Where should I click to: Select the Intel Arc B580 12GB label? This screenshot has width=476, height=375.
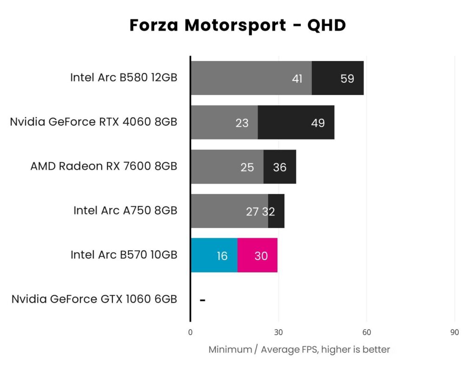click(x=124, y=78)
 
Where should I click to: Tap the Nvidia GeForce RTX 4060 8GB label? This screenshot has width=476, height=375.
click(x=93, y=122)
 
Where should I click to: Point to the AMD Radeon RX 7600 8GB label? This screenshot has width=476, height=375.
click(x=104, y=167)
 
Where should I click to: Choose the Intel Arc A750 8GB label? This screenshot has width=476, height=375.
click(x=125, y=211)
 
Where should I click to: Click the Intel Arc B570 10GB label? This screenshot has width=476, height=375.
click(x=124, y=255)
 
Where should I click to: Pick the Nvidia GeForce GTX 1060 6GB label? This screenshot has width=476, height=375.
click(x=94, y=299)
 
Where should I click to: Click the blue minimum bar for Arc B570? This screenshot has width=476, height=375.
click(x=214, y=255)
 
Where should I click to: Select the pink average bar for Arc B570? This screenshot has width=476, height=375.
click(x=258, y=255)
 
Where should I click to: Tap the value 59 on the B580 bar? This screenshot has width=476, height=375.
click(x=347, y=79)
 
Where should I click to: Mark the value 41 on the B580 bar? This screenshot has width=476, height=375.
click(x=297, y=79)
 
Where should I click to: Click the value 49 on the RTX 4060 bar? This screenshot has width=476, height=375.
click(x=318, y=123)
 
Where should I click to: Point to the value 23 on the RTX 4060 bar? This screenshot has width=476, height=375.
click(x=242, y=123)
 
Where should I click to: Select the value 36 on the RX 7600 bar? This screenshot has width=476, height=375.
click(x=280, y=167)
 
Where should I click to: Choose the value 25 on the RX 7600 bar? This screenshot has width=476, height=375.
click(x=247, y=167)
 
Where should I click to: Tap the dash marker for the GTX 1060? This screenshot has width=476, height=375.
click(x=203, y=300)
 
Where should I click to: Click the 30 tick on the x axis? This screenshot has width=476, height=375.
click(x=278, y=332)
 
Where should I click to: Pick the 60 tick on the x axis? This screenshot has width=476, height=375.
click(x=366, y=332)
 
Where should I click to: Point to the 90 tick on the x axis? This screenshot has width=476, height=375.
click(x=455, y=332)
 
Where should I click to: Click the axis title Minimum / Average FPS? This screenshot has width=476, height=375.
click(x=299, y=349)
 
